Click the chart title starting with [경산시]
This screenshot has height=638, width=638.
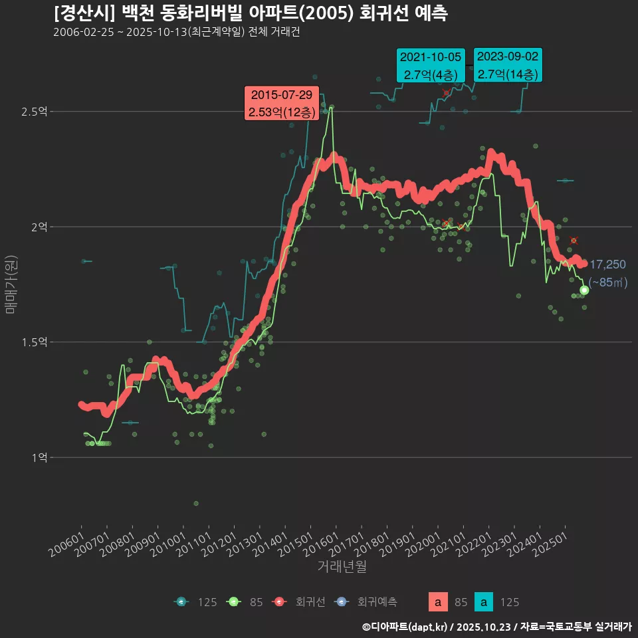[250, 13]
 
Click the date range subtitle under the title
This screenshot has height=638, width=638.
[176, 33]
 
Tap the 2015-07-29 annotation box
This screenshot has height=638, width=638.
[282, 104]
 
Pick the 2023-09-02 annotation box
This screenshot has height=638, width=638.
[508, 65]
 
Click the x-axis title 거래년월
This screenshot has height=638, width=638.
[342, 566]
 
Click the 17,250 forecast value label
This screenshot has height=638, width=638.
[607, 265]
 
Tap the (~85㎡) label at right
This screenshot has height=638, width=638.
[608, 282]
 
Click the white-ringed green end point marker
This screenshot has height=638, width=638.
[584, 290]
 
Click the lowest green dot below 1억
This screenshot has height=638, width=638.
[196, 503]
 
